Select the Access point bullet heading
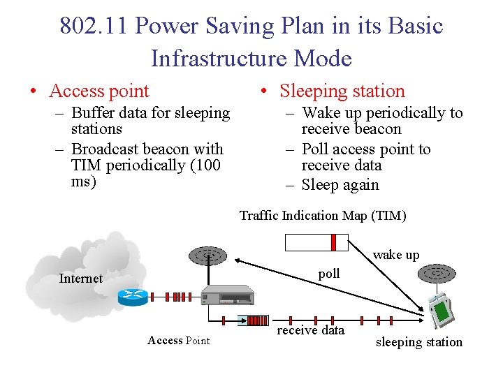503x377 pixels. click(99, 91)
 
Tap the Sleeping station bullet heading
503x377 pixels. click(342, 91)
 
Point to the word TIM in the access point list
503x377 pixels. click(85, 165)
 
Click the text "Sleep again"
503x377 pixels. click(340, 185)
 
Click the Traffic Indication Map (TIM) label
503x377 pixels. click(323, 216)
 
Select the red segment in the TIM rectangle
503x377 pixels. click(333, 242)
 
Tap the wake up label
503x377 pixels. click(396, 255)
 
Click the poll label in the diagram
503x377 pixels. click(329, 274)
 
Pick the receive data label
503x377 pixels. click(311, 330)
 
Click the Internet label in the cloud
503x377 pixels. click(81, 279)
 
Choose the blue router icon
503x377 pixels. click(133, 297)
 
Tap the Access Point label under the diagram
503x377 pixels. click(178, 341)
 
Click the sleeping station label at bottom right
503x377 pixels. click(419, 342)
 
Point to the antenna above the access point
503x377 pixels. click(209, 256)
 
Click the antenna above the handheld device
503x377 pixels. click(436, 272)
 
